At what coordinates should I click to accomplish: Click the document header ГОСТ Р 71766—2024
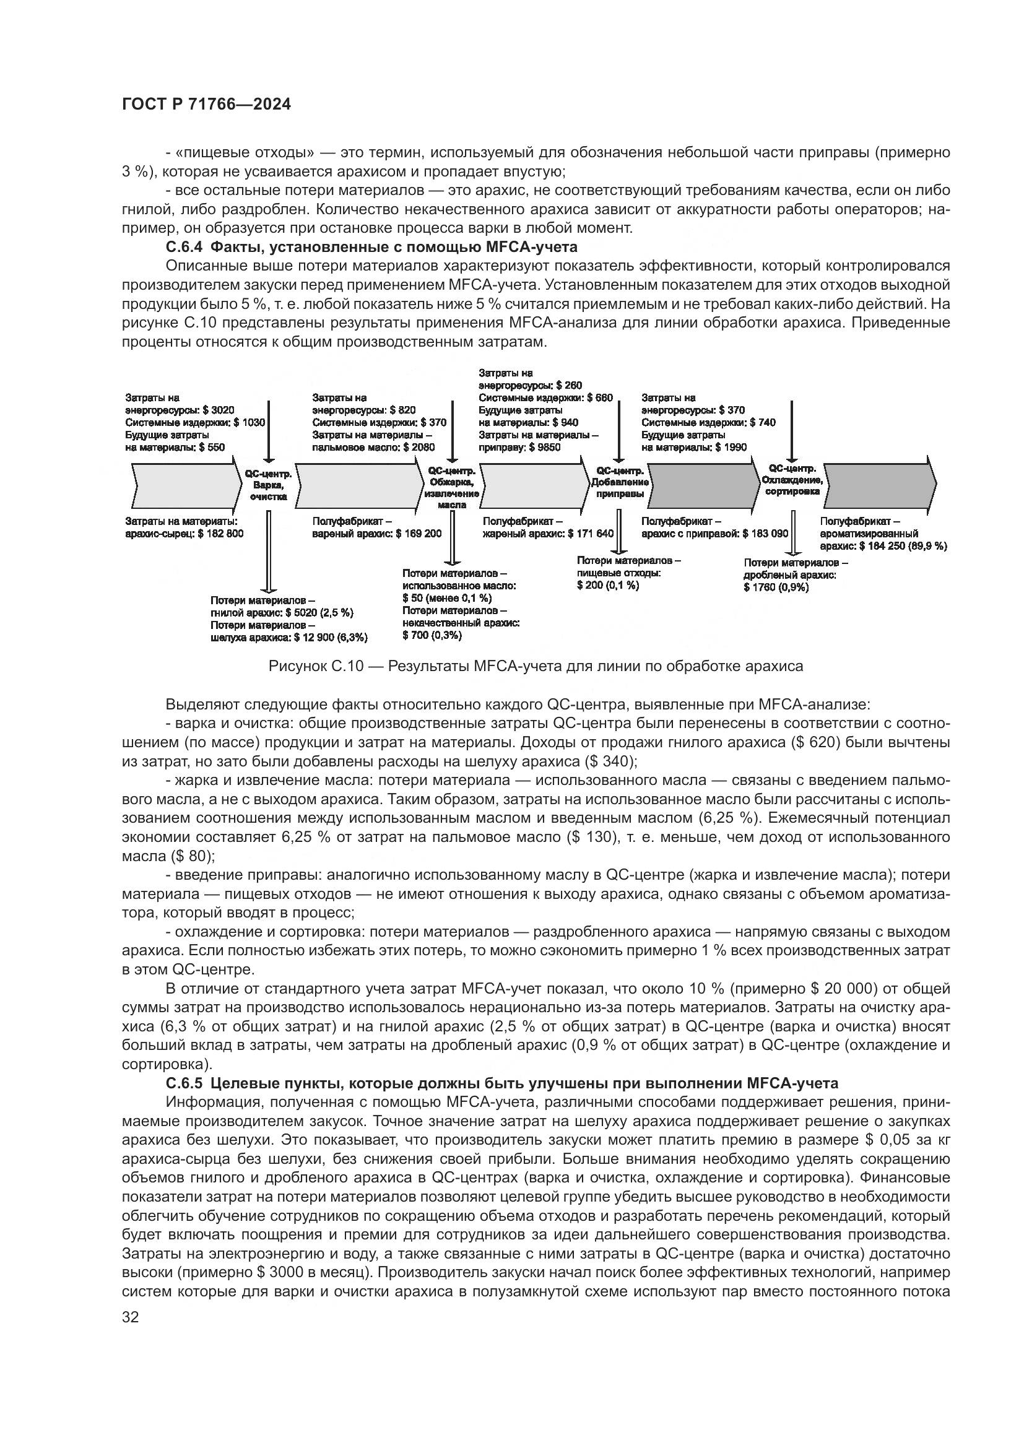206,105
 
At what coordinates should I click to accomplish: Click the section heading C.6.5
502,1083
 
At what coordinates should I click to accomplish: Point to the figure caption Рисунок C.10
536,666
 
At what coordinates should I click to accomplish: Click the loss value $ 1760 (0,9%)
776,587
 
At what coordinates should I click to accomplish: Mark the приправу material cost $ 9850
545,447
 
